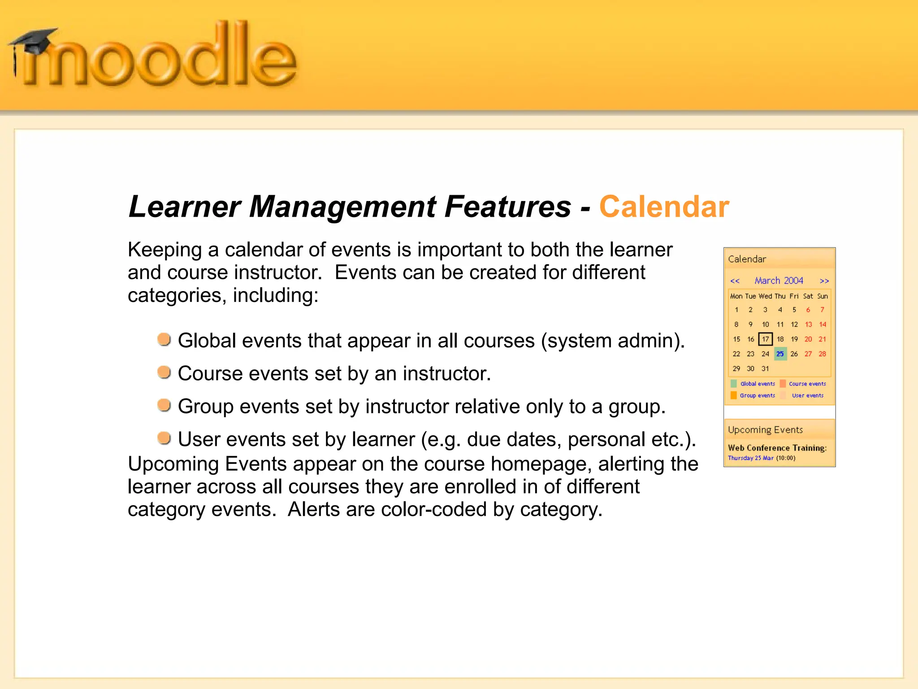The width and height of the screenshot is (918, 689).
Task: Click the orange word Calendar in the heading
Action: pyautogui.click(x=664, y=207)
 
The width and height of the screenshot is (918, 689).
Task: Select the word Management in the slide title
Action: pyautogui.click(x=342, y=207)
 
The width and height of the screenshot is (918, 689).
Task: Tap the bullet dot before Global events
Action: pyautogui.click(x=164, y=340)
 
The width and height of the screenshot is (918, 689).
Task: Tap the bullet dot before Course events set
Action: pyautogui.click(x=164, y=372)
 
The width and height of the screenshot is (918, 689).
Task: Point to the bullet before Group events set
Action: pyautogui.click(x=164, y=405)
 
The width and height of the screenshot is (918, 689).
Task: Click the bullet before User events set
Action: pyautogui.click(x=164, y=438)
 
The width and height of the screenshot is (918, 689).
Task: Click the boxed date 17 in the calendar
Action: pyautogui.click(x=765, y=339)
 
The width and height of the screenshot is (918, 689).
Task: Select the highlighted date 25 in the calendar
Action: pyautogui.click(x=780, y=354)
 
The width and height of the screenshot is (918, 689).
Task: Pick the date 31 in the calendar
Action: pyautogui.click(x=765, y=369)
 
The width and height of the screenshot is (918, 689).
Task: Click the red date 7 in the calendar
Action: pyautogui.click(x=822, y=310)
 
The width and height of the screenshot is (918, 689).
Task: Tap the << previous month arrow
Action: pyautogui.click(x=735, y=281)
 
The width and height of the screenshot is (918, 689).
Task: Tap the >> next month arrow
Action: pyautogui.click(x=824, y=281)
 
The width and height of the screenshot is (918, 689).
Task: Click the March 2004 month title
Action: pyautogui.click(x=779, y=281)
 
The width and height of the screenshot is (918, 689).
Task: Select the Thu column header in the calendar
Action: pyautogui.click(x=780, y=297)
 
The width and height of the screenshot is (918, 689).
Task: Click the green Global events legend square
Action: pyautogui.click(x=734, y=384)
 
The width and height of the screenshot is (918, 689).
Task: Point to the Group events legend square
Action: pyautogui.click(x=734, y=395)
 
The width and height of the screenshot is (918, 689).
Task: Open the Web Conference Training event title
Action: pyautogui.click(x=777, y=448)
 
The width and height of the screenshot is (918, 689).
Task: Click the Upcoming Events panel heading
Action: pyautogui.click(x=765, y=430)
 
